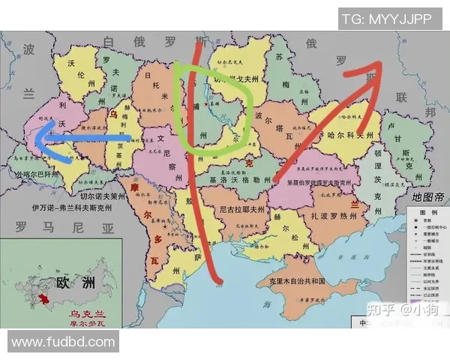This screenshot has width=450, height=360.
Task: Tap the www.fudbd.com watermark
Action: (64, 342)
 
